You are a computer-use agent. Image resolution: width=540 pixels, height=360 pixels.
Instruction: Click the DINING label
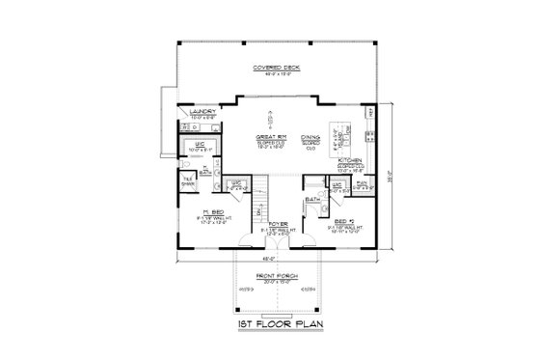(x=310, y=138)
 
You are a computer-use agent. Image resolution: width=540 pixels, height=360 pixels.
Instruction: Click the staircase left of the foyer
(x=257, y=206)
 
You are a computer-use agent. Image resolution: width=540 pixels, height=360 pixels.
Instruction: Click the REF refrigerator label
(x=373, y=112)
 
